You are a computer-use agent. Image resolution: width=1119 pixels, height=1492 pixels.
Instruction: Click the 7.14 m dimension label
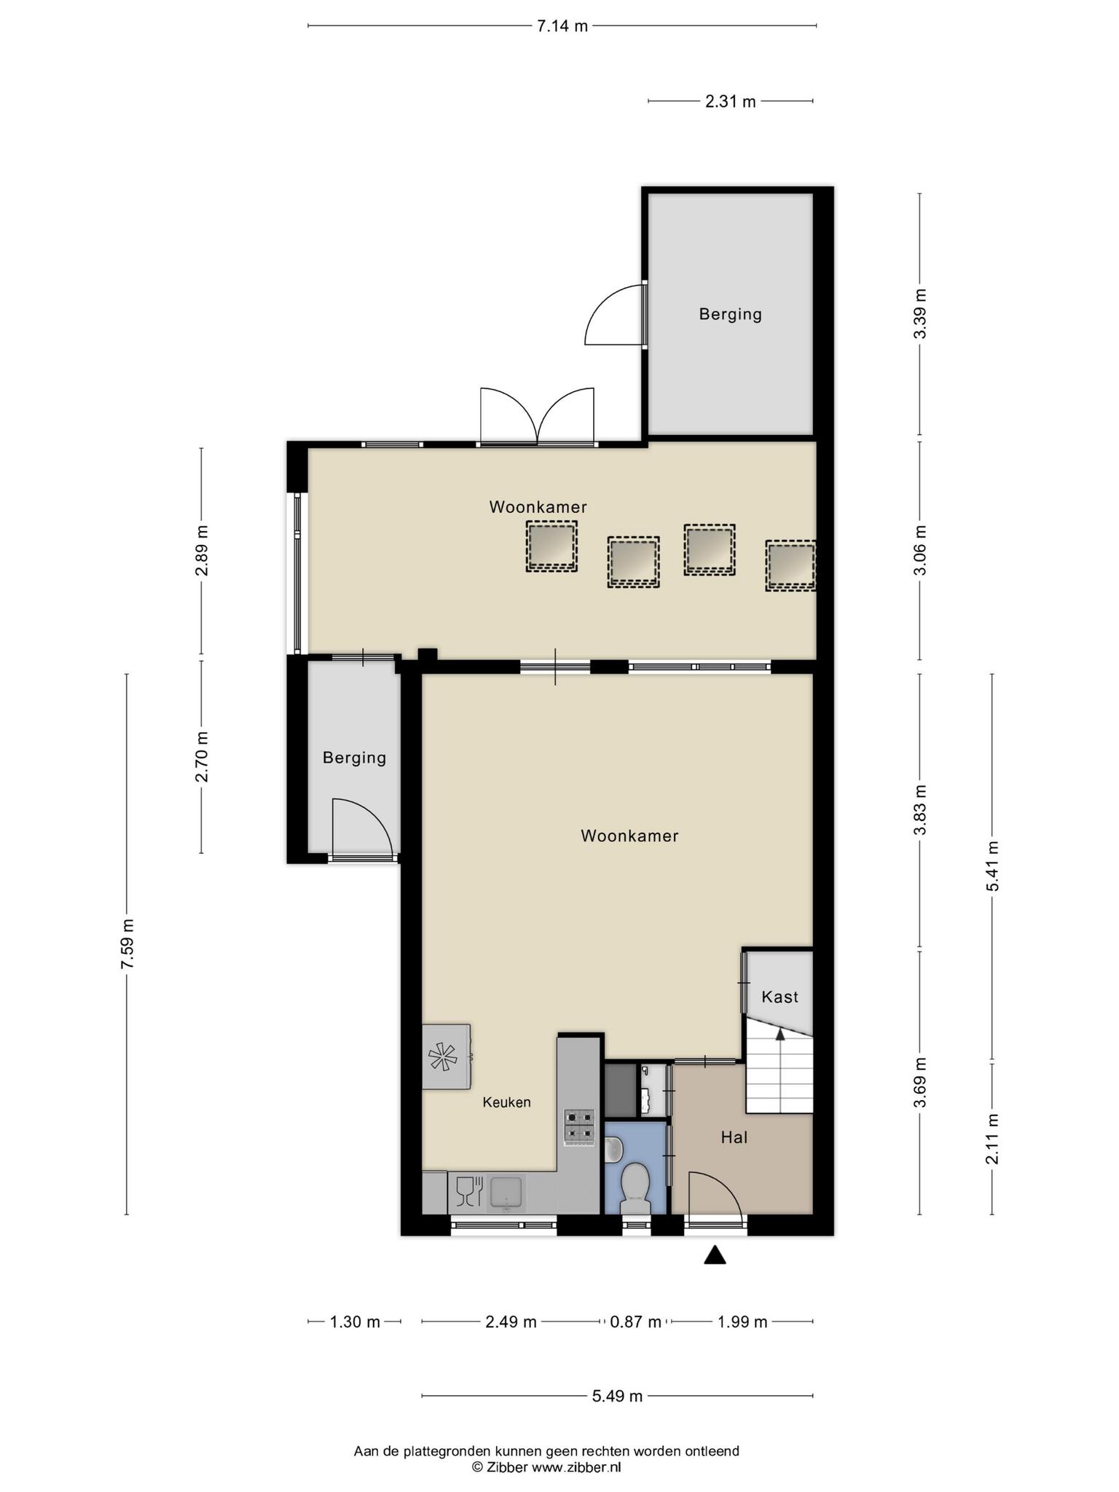(562, 26)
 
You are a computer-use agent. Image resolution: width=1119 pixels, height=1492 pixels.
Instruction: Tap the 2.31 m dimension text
(730, 102)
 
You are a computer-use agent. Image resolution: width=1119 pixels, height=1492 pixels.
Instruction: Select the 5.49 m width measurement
(617, 1396)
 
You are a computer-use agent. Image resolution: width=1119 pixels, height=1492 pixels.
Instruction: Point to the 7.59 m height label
(128, 943)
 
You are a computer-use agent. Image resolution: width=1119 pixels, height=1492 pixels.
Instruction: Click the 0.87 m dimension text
(635, 1322)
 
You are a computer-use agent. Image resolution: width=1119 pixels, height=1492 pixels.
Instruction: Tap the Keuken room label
(506, 1102)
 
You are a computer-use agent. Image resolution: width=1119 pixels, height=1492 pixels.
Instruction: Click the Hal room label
(734, 1137)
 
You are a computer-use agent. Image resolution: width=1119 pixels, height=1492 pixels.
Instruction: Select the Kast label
(780, 997)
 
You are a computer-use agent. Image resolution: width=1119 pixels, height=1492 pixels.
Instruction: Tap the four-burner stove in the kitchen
(579, 1125)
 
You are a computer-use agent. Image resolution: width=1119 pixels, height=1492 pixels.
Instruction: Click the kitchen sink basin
(506, 1193)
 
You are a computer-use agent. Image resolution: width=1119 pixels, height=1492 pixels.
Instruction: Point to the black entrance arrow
(715, 1255)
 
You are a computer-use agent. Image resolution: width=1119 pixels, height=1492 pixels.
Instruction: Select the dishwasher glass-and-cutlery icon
(469, 1193)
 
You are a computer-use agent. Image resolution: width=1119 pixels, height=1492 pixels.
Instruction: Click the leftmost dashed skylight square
(551, 546)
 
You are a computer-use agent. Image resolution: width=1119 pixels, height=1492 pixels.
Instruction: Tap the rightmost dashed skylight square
(790, 565)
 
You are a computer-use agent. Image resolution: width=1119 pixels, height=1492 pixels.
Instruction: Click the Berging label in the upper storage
(730, 314)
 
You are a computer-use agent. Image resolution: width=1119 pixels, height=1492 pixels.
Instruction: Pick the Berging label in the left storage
(354, 758)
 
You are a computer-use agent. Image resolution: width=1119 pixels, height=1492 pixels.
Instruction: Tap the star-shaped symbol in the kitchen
(443, 1056)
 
